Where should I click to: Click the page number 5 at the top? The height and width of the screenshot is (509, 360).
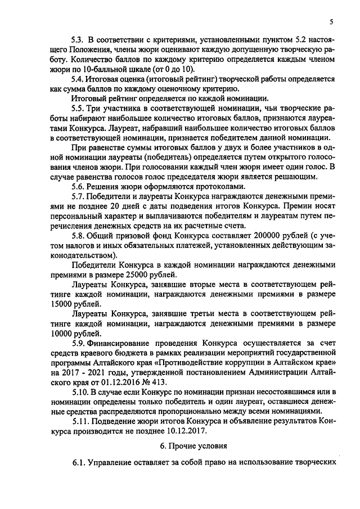point(331,22)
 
